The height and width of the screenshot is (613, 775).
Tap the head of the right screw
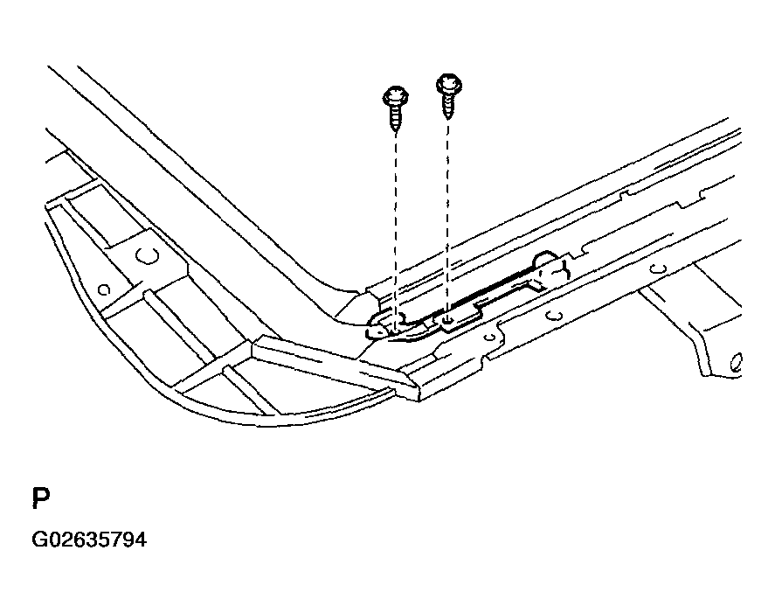[x=449, y=84]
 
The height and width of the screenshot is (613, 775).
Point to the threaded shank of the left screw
[x=395, y=118]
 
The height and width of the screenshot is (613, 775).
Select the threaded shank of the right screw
[x=448, y=107]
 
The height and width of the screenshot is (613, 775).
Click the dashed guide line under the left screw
[x=396, y=230]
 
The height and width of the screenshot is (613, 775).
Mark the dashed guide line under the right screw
[x=448, y=220]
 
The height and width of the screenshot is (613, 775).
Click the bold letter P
[x=41, y=498]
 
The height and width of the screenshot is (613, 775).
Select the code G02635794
[x=89, y=540]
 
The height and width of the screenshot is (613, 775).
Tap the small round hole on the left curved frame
[x=104, y=290]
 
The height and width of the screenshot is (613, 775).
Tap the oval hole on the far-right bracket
[x=736, y=363]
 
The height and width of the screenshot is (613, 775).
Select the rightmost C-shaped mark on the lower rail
[x=658, y=268]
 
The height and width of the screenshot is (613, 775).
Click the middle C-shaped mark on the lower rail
[x=555, y=315]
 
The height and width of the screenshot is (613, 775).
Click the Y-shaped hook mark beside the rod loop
[x=558, y=272]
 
